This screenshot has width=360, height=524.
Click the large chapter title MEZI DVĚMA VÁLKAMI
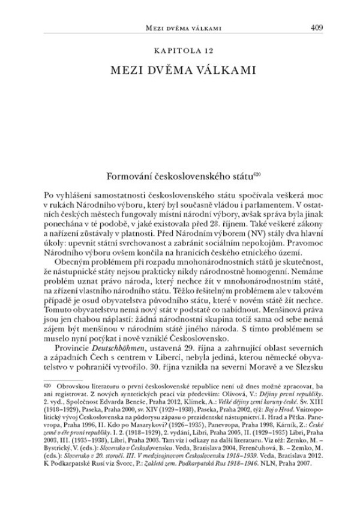pyautogui.click(x=179, y=70)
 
